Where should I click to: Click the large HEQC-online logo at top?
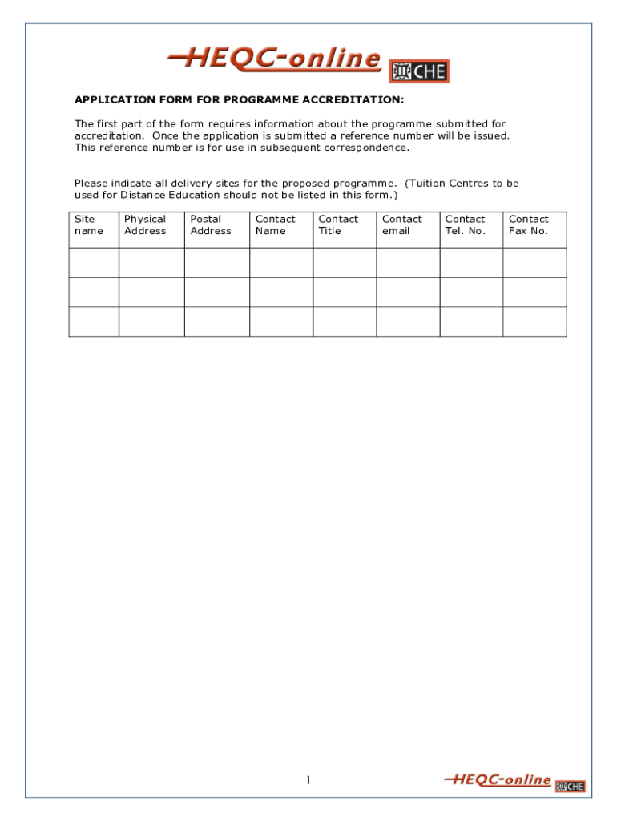tap(274, 60)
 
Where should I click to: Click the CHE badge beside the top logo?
tap(419, 71)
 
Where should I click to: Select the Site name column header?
tap(89, 225)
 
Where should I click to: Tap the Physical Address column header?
tap(145, 225)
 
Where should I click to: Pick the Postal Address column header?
tap(210, 225)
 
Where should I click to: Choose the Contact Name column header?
tap(275, 225)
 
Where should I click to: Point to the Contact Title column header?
tap(338, 225)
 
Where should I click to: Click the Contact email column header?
tap(401, 225)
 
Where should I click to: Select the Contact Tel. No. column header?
tap(466, 225)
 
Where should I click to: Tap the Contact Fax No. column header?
tap(529, 225)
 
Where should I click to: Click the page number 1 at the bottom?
tap(308, 780)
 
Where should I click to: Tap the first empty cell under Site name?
tap(94, 263)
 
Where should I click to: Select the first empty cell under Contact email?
tap(408, 263)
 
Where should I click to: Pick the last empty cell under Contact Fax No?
tap(534, 322)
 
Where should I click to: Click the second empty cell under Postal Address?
tap(217, 292)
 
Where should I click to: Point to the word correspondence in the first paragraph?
tap(369, 148)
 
